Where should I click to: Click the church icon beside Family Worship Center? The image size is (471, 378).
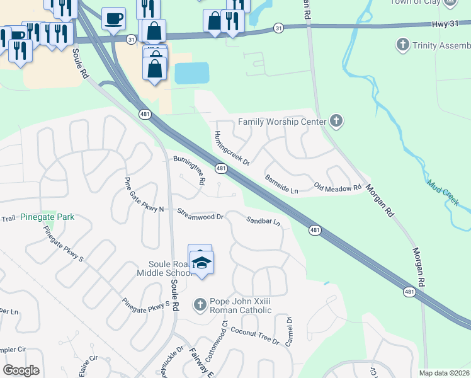[336, 121]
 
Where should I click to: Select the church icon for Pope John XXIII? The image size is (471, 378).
[200, 305]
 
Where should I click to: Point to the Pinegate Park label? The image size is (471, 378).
[47, 217]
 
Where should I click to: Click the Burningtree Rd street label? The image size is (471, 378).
[190, 169]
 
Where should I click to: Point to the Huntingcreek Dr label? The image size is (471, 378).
[232, 148]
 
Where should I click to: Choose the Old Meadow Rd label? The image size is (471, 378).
[338, 188]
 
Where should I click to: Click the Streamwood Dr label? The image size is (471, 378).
[200, 214]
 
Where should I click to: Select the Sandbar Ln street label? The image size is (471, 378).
[263, 221]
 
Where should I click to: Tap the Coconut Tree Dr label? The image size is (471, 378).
[254, 335]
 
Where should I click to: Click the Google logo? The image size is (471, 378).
[21, 370]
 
